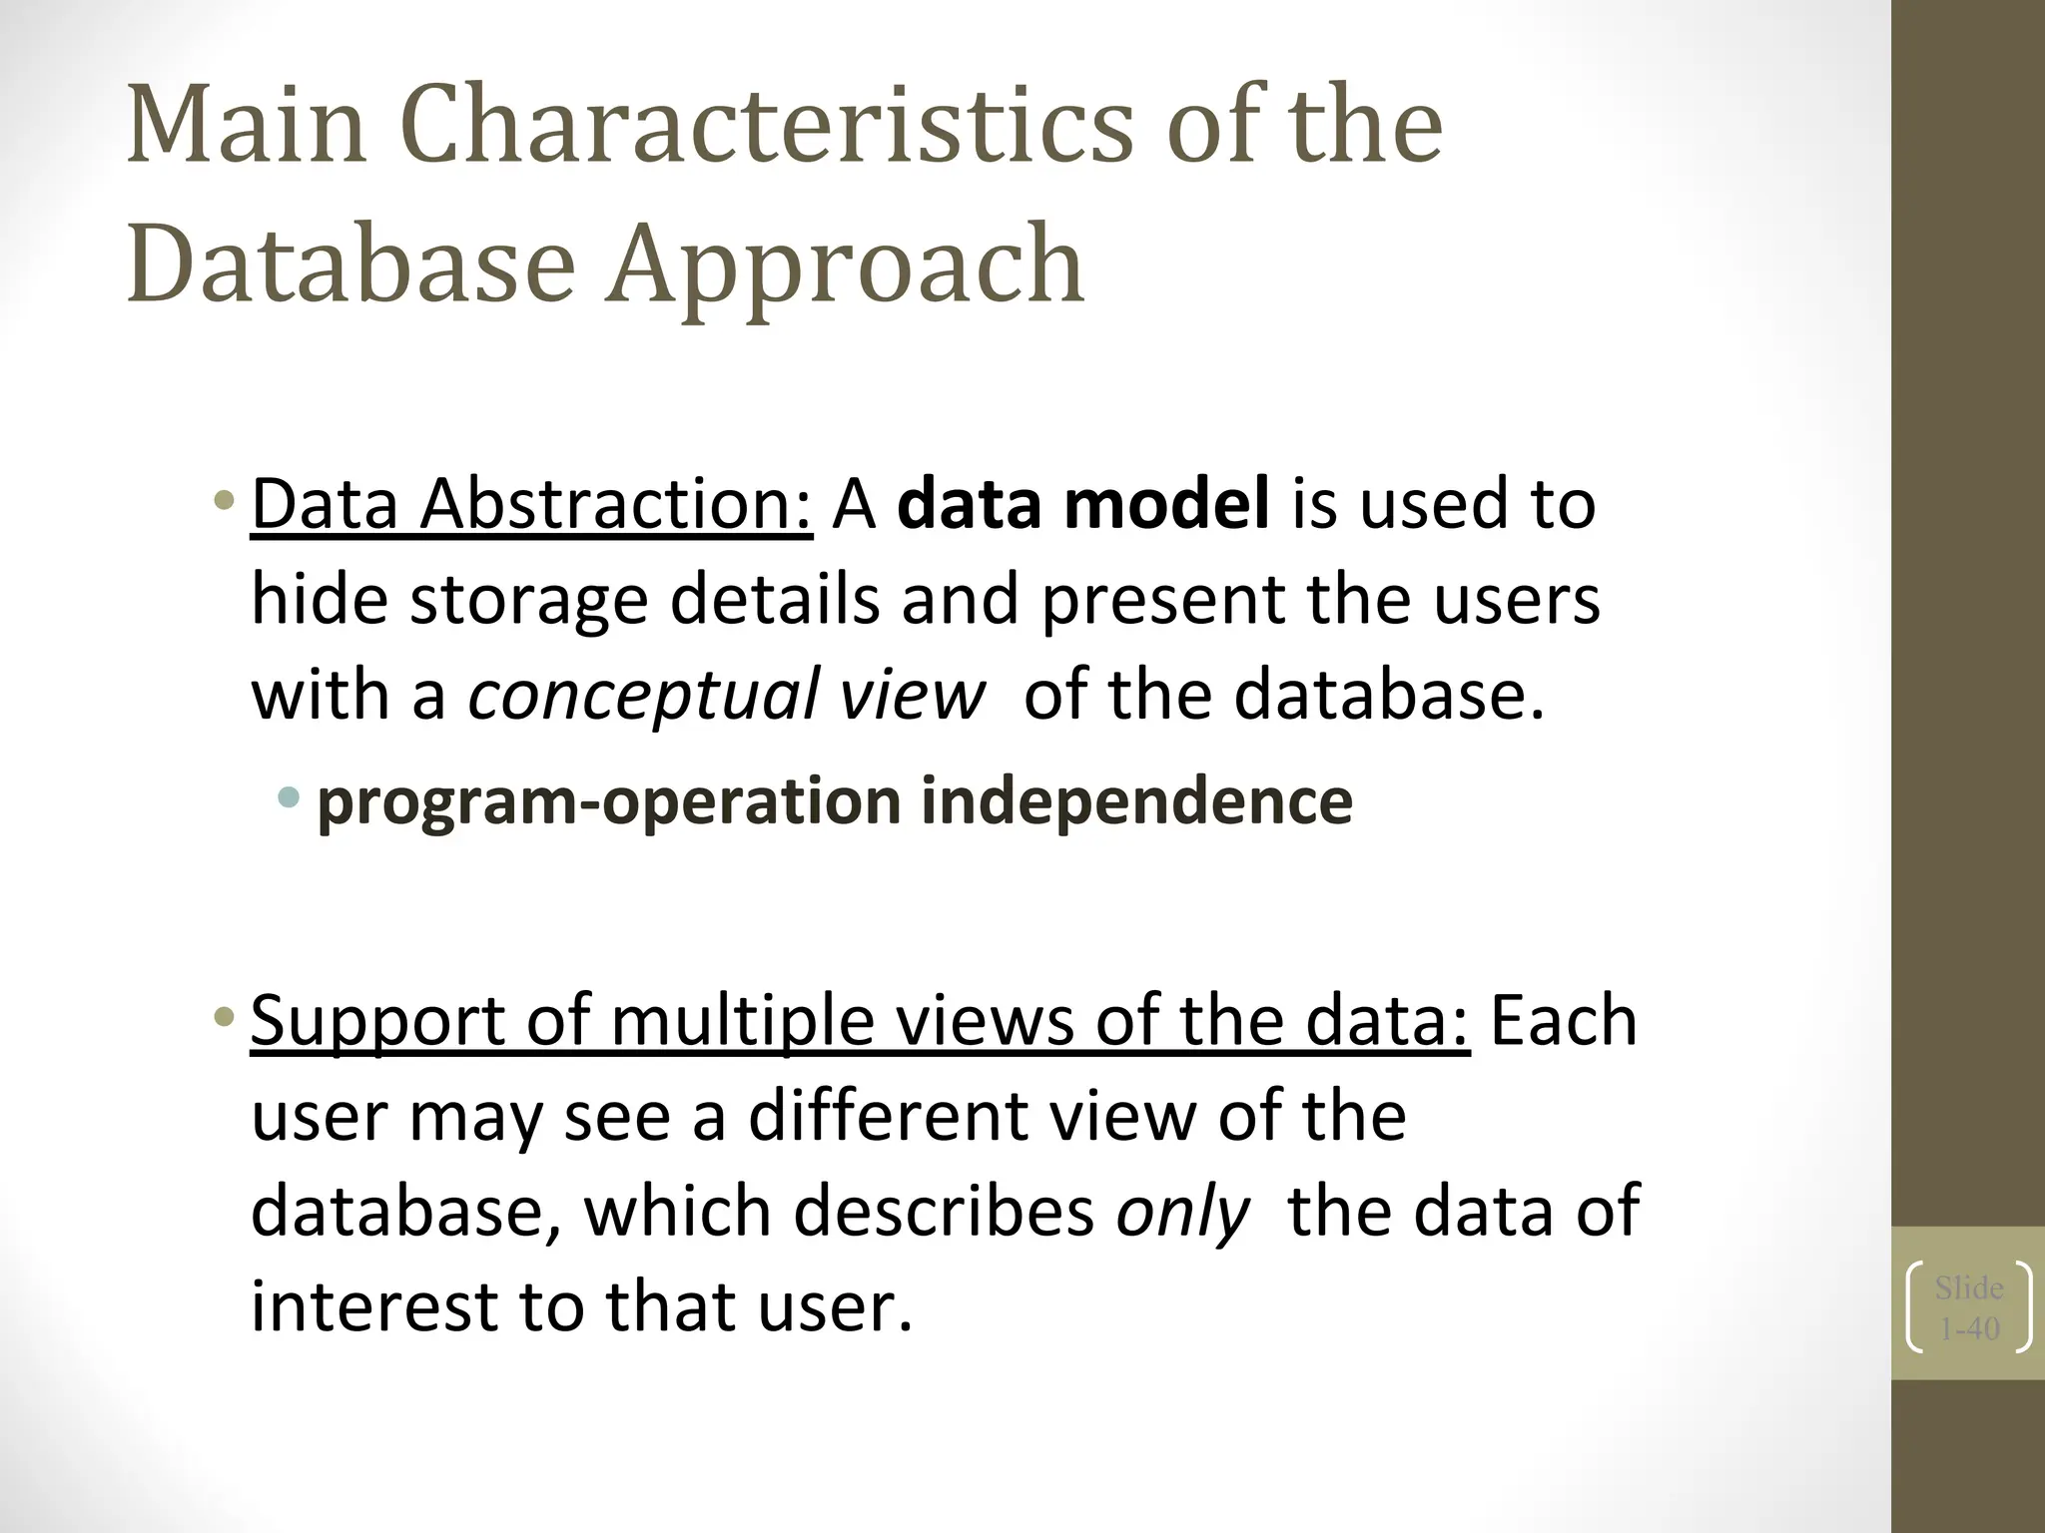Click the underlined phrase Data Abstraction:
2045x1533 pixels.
pos(531,504)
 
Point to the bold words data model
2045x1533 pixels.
pos(1083,504)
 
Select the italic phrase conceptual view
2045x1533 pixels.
pos(727,695)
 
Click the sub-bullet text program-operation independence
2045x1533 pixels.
pos(835,801)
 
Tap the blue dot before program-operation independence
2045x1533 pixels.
pos(290,796)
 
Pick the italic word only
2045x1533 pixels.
pos(1182,1212)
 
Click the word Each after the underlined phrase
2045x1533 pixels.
pos(1563,1021)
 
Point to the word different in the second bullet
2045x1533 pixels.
pos(889,1116)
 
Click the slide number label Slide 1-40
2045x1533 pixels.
pos(1969,1307)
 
